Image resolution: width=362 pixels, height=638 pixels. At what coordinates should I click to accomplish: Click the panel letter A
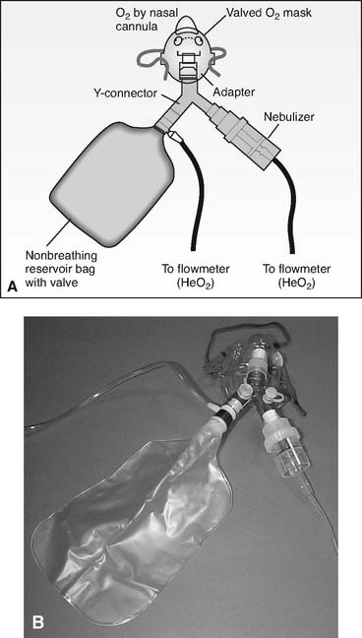pos(13,287)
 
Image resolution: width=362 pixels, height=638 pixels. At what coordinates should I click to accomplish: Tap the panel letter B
pos(37,622)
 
